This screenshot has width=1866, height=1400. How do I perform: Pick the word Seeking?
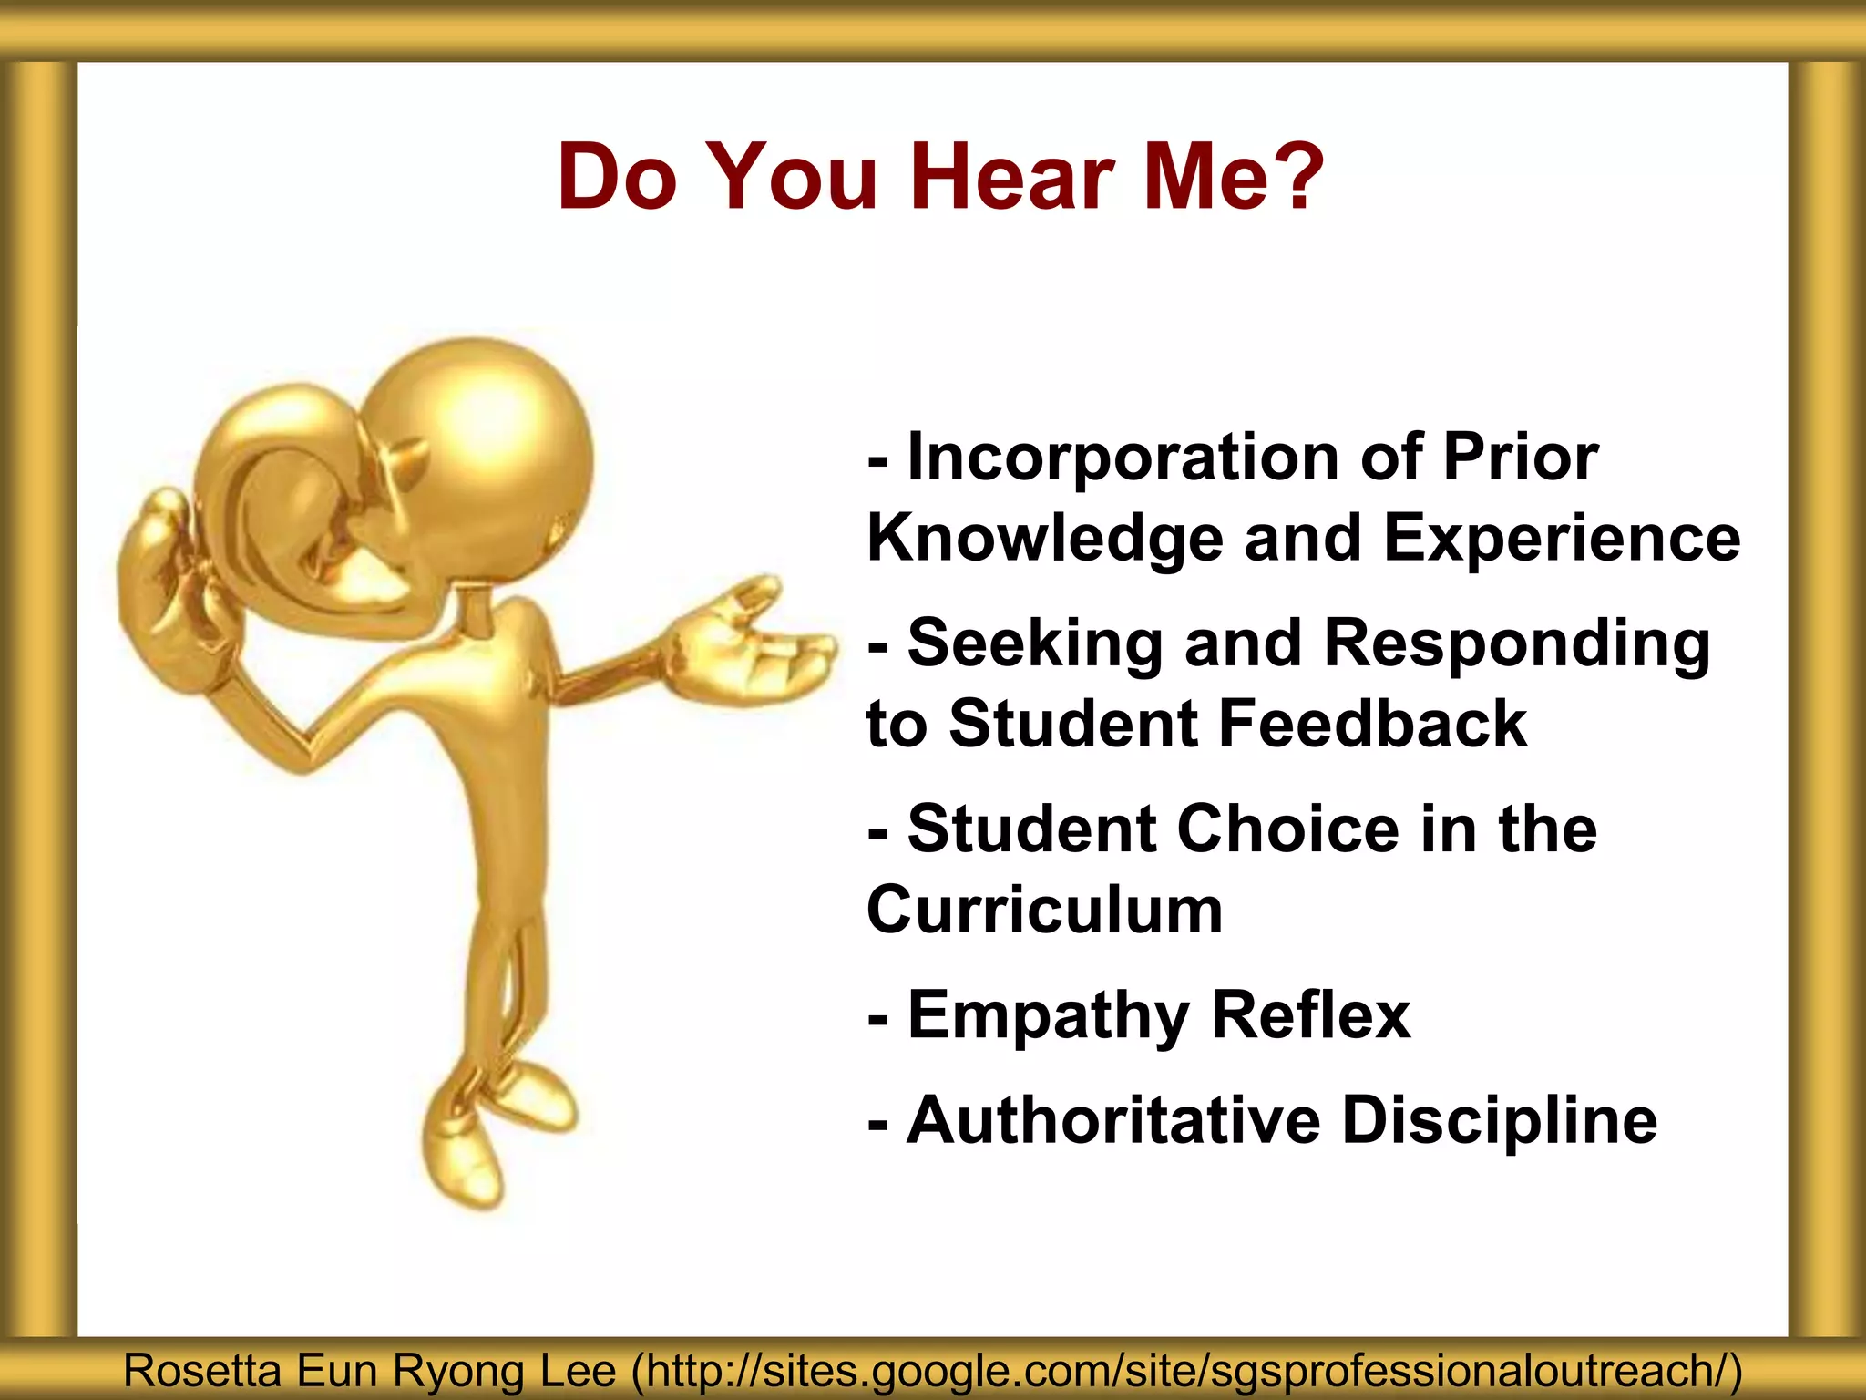pos(1035,643)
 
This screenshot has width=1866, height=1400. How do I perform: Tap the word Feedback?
pos(1372,725)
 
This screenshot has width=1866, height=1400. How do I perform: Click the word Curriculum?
pos(1044,910)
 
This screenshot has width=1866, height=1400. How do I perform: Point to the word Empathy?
pos(1048,1016)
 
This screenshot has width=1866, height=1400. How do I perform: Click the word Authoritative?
pos(1113,1120)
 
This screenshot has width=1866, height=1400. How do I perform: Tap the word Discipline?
pos(1500,1121)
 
